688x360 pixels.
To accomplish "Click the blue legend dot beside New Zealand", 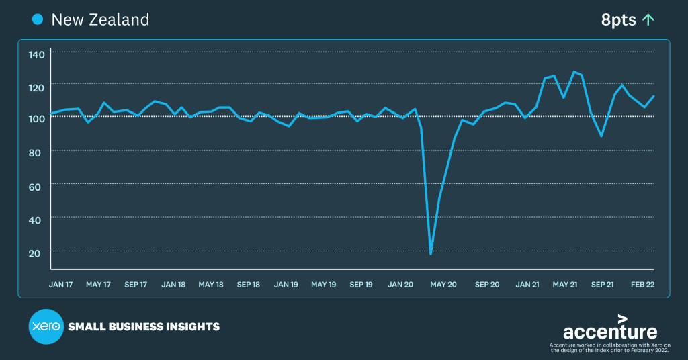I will (x=38, y=19).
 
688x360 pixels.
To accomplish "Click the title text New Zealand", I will (x=100, y=19).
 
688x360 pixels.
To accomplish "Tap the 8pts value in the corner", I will (x=618, y=20).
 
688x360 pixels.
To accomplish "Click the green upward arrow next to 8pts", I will (x=648, y=20).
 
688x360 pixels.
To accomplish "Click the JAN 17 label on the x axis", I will (x=61, y=285).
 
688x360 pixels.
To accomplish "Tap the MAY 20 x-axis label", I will (x=443, y=285).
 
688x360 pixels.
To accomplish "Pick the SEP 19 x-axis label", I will (x=361, y=285).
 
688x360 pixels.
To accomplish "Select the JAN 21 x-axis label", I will (x=527, y=285).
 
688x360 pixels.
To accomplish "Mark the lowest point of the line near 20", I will (x=431, y=254).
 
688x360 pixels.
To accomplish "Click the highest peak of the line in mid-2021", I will (x=574, y=71).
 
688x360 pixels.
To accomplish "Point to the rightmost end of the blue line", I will (x=654, y=96).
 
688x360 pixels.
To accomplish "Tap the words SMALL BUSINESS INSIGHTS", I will (x=144, y=327).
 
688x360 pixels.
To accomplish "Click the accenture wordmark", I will (x=609, y=330).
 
